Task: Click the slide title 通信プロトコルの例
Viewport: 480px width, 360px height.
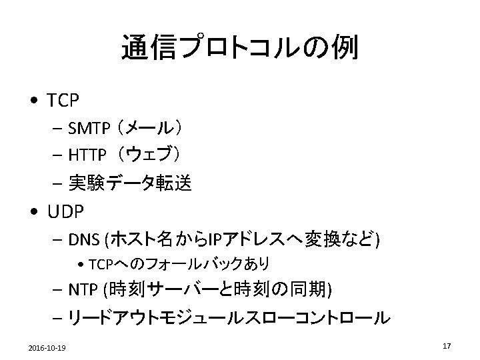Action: click(240, 48)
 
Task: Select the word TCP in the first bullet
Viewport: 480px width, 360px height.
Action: click(63, 101)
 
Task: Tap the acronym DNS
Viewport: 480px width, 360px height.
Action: click(82, 238)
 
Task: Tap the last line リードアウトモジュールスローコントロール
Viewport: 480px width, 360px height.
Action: click(227, 318)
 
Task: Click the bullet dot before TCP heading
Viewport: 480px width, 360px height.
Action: click(33, 102)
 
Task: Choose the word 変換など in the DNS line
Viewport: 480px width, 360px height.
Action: click(340, 238)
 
